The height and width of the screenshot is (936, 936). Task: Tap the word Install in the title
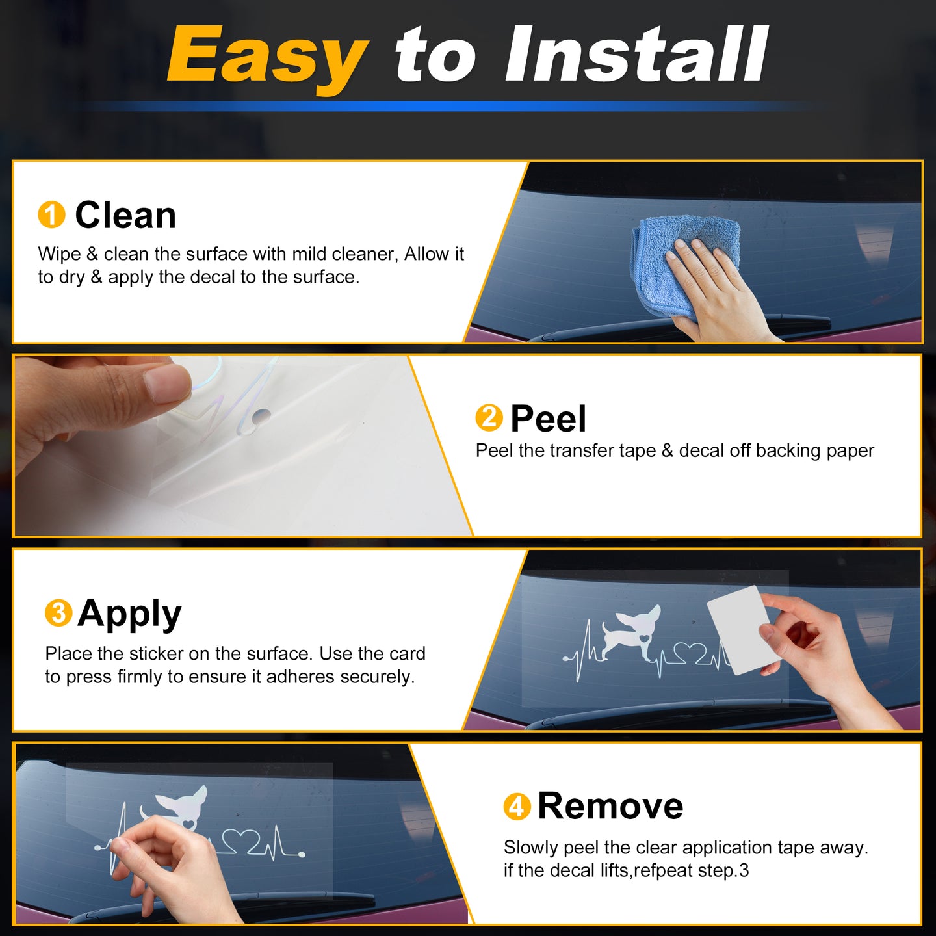coord(636,55)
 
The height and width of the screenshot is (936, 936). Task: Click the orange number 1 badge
coord(51,214)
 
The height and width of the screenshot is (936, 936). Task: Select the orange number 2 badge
coord(489,418)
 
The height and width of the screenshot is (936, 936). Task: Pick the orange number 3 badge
coord(58,612)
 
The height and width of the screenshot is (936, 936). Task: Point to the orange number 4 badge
coord(517,807)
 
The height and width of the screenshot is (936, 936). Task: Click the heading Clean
coord(125,215)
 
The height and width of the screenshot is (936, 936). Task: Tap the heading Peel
coord(549,419)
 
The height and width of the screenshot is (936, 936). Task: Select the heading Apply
coord(130,615)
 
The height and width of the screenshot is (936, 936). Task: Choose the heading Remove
coord(610,807)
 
